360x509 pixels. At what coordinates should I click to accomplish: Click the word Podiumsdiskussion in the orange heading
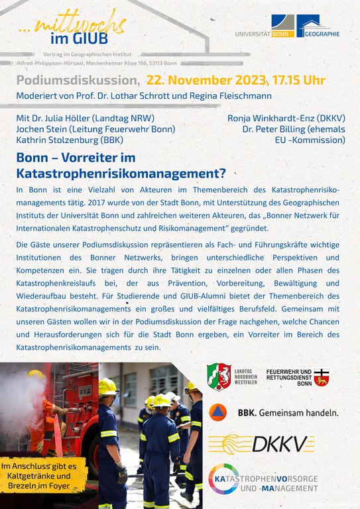(78, 81)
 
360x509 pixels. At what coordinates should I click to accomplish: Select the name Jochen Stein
(41, 129)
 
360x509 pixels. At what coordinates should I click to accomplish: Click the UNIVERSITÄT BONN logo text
(263, 33)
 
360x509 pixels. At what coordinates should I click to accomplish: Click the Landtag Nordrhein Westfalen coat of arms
(219, 376)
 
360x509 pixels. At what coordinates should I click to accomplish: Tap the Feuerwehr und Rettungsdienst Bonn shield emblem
(322, 377)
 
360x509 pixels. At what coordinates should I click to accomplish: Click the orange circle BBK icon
(221, 412)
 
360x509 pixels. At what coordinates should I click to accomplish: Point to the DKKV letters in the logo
(294, 443)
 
